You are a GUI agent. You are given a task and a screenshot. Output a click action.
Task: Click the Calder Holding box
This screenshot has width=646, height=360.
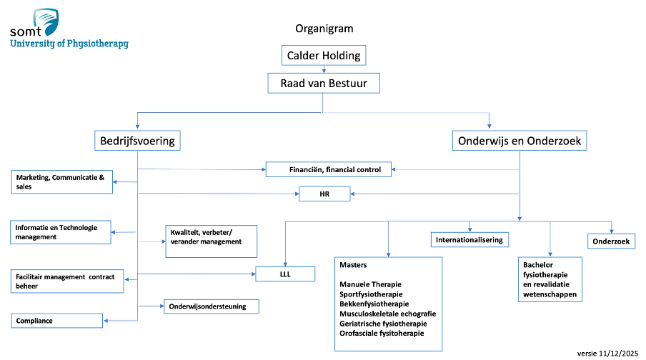point(324,55)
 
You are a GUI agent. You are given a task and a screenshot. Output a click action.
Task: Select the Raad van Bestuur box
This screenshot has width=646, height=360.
point(324,83)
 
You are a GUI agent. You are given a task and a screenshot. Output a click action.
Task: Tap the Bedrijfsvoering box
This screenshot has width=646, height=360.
point(137,141)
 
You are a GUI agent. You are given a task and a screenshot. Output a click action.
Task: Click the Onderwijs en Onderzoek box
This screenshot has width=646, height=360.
point(520,141)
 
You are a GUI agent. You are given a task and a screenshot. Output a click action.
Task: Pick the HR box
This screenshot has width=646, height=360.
point(324,194)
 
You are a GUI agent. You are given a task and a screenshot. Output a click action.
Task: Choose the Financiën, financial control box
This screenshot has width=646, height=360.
point(328,169)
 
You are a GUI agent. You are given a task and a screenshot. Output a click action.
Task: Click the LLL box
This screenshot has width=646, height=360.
point(285,274)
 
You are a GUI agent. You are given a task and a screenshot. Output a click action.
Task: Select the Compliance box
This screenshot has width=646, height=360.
point(57,321)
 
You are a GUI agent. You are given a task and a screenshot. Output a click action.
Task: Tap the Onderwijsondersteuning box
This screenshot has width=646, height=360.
point(212,306)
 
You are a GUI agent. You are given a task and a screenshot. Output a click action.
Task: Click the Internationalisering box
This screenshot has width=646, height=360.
point(469,240)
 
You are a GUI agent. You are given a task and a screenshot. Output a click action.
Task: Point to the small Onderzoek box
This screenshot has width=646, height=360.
point(612,241)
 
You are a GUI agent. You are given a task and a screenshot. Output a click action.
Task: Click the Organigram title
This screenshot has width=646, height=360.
point(324,29)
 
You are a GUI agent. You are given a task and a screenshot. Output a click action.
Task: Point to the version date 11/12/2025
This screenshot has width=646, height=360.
point(618,354)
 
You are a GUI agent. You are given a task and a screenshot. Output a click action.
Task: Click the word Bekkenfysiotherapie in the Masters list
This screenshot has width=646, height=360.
point(374,304)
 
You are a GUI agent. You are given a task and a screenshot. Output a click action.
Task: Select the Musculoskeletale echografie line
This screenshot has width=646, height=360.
point(388,314)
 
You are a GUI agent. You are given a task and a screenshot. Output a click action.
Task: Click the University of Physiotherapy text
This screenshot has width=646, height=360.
point(69,44)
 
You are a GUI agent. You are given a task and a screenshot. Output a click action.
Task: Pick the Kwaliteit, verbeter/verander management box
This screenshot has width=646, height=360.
point(212,241)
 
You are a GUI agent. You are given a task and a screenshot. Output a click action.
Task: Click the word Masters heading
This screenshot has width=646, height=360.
point(353,265)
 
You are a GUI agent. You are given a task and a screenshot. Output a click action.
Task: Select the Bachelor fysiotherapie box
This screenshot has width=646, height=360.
point(550,280)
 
